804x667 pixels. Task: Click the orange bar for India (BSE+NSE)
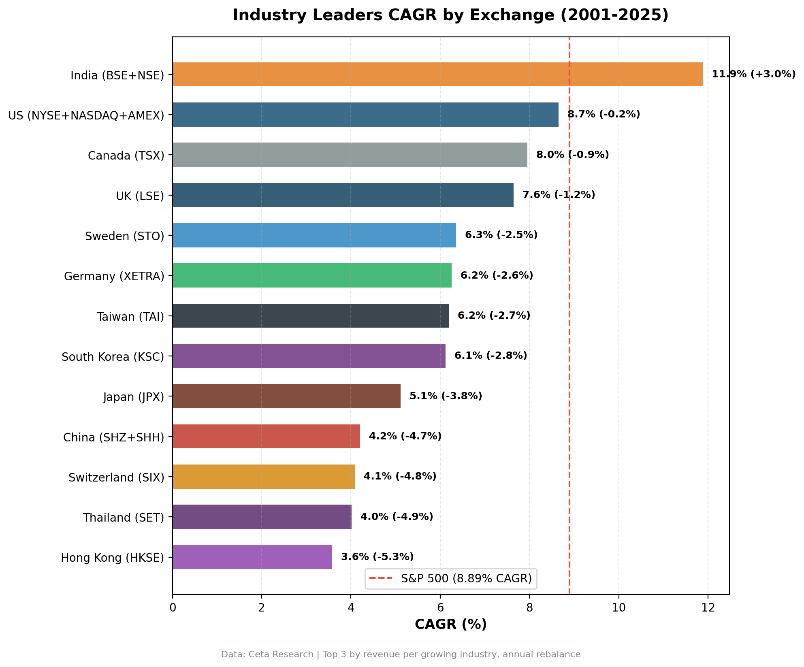[437, 75]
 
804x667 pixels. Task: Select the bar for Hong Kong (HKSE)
[252, 557]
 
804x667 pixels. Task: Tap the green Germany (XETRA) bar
[312, 275]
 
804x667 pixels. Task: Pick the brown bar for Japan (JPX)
[286, 396]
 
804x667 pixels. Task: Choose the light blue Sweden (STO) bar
[314, 235]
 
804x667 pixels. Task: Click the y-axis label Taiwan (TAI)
[130, 316]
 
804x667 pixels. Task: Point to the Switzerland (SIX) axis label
[116, 477]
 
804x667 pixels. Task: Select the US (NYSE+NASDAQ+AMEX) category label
[86, 115]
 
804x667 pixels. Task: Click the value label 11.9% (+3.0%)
[753, 74]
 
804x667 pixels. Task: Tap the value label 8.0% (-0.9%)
[572, 155]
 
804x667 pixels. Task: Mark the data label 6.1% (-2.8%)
[491, 356]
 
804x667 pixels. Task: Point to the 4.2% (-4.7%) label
[405, 436]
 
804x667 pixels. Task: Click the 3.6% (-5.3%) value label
[377, 557]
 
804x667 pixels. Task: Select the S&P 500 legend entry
[451, 578]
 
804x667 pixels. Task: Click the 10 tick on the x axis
[618, 608]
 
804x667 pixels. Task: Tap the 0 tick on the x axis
[173, 608]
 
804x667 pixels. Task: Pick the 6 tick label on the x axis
[440, 608]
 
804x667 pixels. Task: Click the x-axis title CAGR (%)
[450, 624]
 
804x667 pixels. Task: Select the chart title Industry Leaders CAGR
[450, 15]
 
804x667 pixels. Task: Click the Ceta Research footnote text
[401, 654]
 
